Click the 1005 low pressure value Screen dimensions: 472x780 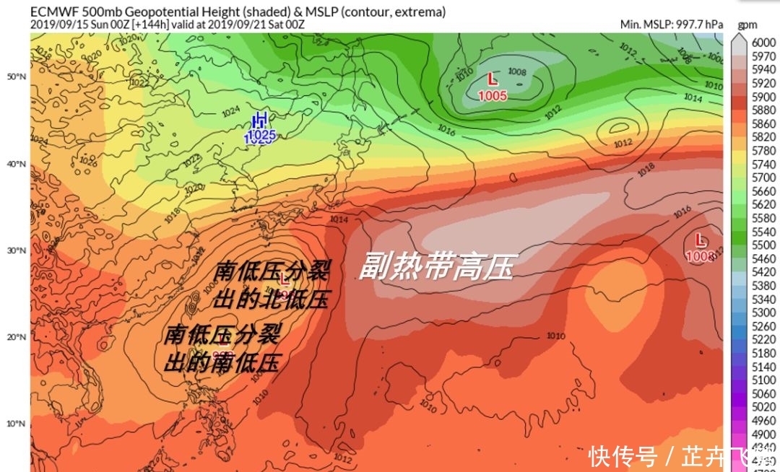point(493,95)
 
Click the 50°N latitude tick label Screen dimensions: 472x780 point(17,77)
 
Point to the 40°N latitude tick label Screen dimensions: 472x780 point(17,164)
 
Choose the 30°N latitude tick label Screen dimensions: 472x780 point(17,250)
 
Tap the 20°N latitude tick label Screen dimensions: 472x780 point(17,337)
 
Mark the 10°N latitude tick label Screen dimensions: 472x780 point(17,424)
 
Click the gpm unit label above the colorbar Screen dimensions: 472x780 point(747,25)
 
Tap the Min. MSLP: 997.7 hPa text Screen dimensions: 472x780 point(671,24)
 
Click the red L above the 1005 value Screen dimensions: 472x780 point(493,79)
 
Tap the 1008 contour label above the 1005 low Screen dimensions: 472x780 point(516,71)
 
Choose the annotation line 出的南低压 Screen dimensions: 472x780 point(221,362)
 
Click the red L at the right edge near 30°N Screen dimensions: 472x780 point(699,240)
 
